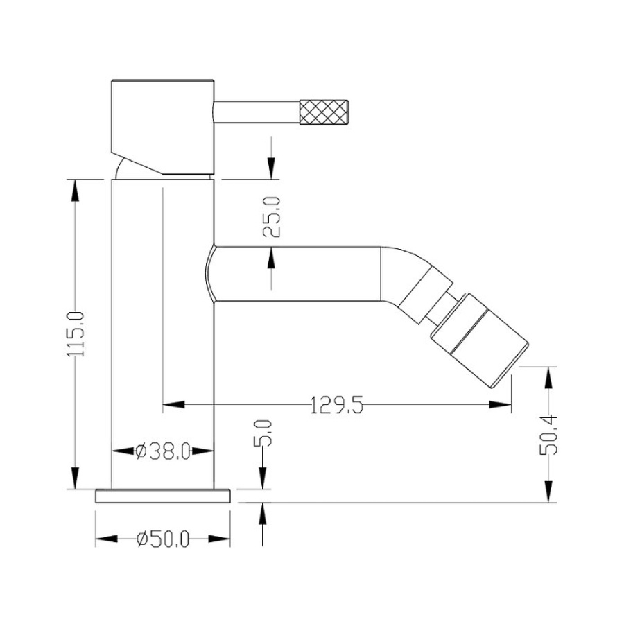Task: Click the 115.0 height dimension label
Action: pyautogui.click(x=76, y=334)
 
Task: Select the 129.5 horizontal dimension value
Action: pyautogui.click(x=337, y=405)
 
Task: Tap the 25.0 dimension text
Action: pyautogui.click(x=272, y=217)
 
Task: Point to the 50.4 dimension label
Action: pyautogui.click(x=548, y=435)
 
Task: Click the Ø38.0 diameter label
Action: pyautogui.click(x=163, y=451)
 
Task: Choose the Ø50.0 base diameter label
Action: pyautogui.click(x=163, y=539)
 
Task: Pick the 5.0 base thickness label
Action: pyautogui.click(x=263, y=433)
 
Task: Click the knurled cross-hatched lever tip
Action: pyautogui.click(x=324, y=112)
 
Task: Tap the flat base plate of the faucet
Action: pyautogui.click(x=163, y=496)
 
